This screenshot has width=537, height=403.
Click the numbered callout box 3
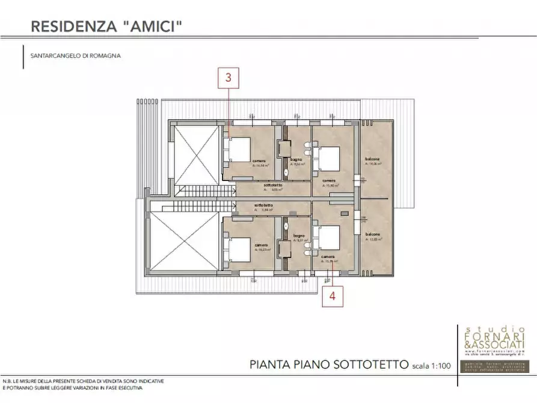tap(229, 78)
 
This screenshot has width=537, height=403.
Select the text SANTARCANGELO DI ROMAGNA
tap(75, 55)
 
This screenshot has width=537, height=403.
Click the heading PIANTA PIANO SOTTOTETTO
tap(328, 364)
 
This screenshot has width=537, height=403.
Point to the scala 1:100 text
tap(432, 365)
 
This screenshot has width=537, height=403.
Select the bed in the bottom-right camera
tap(328, 238)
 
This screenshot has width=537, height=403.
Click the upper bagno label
tap(296, 159)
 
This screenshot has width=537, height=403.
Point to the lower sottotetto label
tap(264, 206)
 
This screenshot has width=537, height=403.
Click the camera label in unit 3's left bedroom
tap(259, 161)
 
